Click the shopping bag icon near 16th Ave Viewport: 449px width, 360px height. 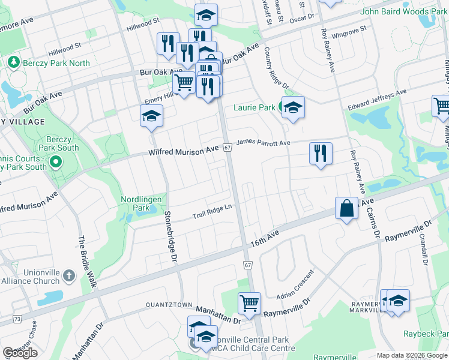(x=346, y=209)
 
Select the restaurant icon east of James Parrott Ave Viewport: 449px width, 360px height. (x=321, y=153)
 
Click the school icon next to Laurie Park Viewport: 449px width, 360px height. (x=292, y=108)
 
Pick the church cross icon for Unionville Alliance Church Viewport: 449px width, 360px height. (x=68, y=275)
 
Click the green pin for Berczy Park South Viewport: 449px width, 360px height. (x=55, y=161)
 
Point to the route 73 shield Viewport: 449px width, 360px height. (x=16, y=319)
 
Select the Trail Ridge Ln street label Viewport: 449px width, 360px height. (x=212, y=211)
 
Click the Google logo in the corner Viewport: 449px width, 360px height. (x=20, y=353)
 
